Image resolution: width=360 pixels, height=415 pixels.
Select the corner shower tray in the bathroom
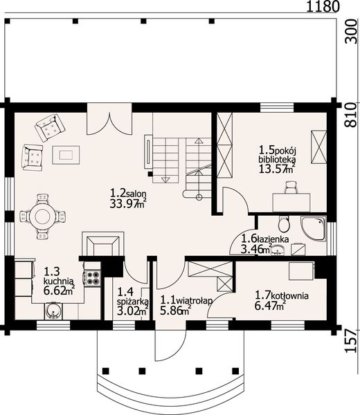point(314,228)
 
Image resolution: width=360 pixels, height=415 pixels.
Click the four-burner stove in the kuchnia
point(93,278)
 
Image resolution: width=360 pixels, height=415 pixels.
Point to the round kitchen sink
point(53,311)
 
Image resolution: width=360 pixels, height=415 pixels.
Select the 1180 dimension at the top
point(323,6)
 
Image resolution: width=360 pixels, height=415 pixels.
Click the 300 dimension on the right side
point(351,31)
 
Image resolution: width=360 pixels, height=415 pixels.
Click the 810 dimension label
point(351,115)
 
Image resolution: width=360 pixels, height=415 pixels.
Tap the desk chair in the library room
point(291,187)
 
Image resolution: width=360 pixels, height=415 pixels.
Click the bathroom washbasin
point(278,250)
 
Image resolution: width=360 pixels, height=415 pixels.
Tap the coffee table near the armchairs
point(66,155)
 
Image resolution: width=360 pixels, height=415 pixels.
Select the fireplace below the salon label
point(103,243)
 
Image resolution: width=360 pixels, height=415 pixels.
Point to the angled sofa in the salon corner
point(50,127)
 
